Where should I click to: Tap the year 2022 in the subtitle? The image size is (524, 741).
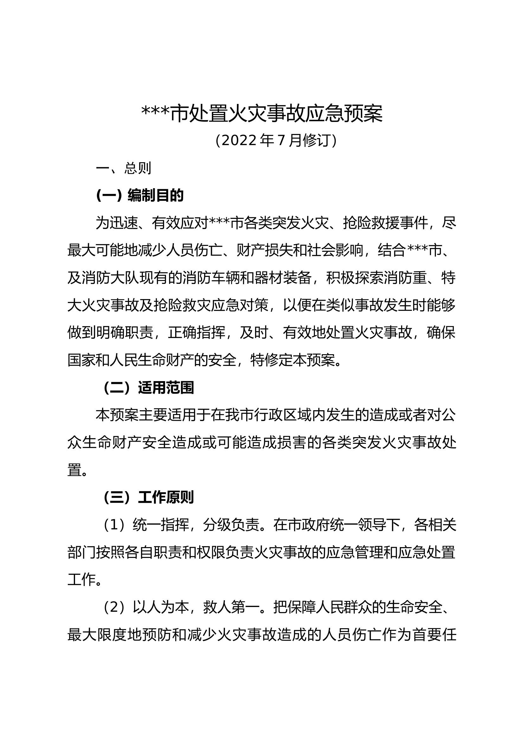[x=239, y=140]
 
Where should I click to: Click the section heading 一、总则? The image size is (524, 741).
[x=124, y=168]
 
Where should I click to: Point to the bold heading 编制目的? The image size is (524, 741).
[x=156, y=195]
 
